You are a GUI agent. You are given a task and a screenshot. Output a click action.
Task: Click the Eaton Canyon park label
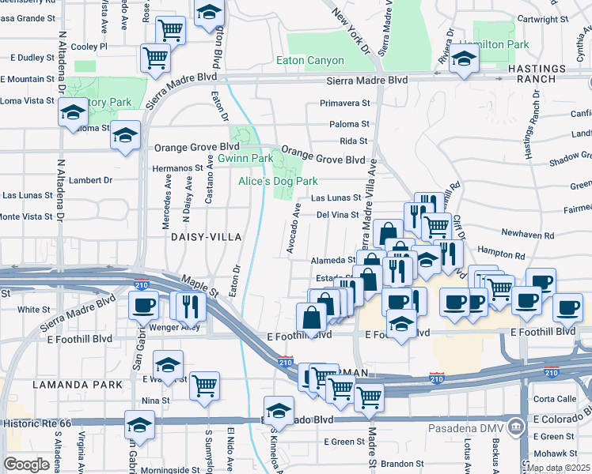click(x=310, y=61)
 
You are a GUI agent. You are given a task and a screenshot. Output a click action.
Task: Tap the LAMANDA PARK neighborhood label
click(x=78, y=384)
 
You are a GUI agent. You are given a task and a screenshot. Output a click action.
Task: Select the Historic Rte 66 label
click(x=37, y=423)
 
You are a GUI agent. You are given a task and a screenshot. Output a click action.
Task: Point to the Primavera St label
click(x=344, y=103)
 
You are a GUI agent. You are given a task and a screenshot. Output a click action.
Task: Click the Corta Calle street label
click(x=555, y=399)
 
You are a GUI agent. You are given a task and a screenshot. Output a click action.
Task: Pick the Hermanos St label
click(x=178, y=168)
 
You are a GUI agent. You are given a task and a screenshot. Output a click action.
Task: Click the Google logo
click(x=27, y=465)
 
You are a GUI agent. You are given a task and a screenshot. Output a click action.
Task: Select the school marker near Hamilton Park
click(x=464, y=60)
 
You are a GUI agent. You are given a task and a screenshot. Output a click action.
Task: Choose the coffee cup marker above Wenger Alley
click(x=144, y=304)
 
